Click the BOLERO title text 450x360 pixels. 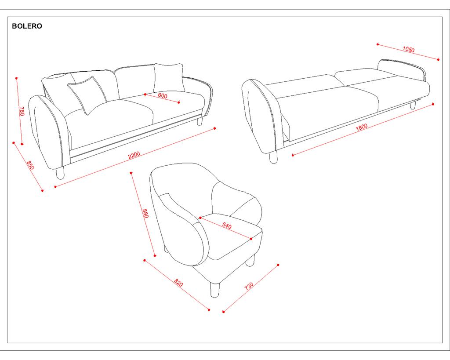27,26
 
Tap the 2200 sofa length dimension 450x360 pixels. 134,155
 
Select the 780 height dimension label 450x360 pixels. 22,111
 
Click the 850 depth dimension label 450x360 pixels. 30,165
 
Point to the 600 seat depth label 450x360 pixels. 163,95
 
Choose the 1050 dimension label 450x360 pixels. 408,49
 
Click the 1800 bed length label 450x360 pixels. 362,127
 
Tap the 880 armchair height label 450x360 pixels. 145,213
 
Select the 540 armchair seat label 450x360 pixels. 227,225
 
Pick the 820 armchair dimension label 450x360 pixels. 178,283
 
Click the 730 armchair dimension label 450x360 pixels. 249,286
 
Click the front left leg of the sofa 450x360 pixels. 60,173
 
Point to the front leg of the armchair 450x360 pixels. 214,290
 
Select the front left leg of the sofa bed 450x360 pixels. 273,157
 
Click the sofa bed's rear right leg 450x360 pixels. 413,105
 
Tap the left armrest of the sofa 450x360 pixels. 49,132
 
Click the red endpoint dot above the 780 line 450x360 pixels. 17,78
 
